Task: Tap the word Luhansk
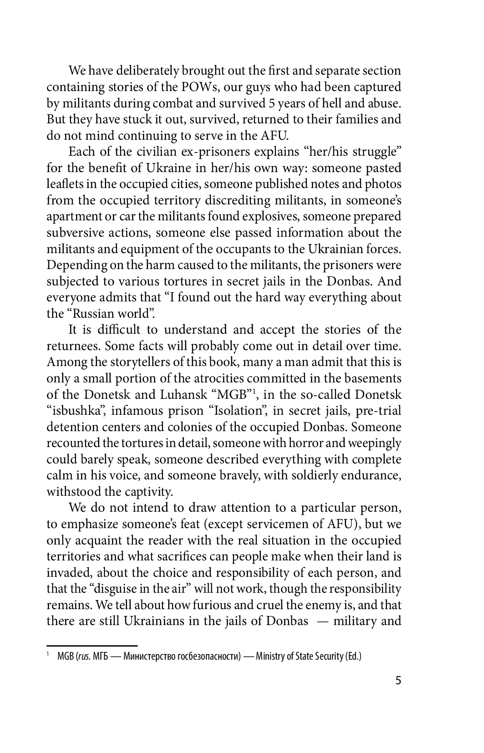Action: (183, 395)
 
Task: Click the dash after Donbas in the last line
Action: (321, 621)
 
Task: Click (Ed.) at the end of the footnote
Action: (352, 656)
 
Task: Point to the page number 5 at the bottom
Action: (398, 681)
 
